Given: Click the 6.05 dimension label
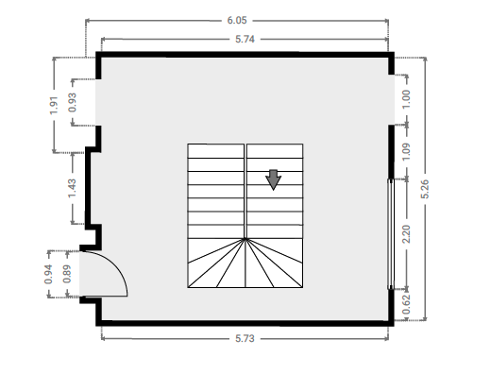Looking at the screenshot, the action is [x=237, y=21].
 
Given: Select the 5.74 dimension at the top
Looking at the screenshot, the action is [x=245, y=40].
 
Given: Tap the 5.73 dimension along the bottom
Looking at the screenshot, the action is [x=245, y=339].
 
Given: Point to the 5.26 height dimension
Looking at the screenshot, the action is [x=425, y=189].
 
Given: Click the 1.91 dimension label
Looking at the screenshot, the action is [x=54, y=106].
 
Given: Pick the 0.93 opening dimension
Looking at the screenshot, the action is [x=73, y=102].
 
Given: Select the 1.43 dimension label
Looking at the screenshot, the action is [x=73, y=188].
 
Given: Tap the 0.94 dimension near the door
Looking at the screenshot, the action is [x=48, y=274].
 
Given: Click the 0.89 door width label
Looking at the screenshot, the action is [x=67, y=274].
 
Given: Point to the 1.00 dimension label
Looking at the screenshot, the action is [x=407, y=99].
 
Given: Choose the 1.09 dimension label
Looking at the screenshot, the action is [x=407, y=152].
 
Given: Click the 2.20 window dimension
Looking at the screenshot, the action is [x=407, y=234].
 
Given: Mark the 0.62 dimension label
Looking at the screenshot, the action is [x=407, y=304].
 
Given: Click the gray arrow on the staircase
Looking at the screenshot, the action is [x=273, y=179].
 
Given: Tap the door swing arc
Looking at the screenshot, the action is [x=117, y=265].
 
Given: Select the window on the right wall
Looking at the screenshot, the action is [x=391, y=234].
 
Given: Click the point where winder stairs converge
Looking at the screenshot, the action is [x=245, y=239].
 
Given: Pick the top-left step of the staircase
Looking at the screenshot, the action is [x=216, y=151].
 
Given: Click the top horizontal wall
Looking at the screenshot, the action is [x=245, y=55].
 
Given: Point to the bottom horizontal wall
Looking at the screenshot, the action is [x=245, y=323].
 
